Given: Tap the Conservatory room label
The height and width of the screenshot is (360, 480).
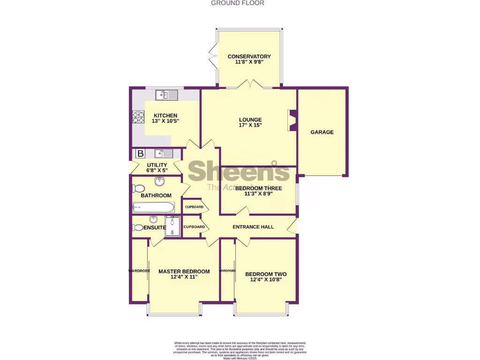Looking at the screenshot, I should tap(249, 57).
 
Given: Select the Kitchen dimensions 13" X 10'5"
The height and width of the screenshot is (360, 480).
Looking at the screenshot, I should tap(165, 121).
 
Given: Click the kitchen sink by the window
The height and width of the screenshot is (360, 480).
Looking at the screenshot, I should tap(167, 95).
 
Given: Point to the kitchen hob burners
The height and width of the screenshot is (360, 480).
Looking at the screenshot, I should tap(138, 116).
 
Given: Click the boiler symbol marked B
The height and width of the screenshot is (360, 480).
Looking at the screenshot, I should tap(140, 153).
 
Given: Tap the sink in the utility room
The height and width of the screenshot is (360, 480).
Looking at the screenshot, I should tap(163, 153).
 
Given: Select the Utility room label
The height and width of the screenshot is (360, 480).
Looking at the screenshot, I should tap(157, 165).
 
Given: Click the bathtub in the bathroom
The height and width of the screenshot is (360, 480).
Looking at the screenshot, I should tap(153, 207).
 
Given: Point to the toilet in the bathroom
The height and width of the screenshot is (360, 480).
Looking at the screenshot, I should tap(138, 188).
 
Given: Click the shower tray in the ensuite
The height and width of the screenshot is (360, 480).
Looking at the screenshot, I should tap(172, 227).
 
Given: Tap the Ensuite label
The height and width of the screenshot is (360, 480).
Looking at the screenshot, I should tap(155, 228).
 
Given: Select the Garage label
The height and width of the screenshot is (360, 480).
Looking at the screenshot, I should tap(322, 132).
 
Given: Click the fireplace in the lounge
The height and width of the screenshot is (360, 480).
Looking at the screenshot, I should tap(292, 120).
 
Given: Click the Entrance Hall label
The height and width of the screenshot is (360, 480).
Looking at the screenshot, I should tap(253, 227).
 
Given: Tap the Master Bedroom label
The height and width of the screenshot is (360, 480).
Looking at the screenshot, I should tap(184, 271).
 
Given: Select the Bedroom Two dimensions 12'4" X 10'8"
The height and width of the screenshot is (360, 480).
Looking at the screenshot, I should tap(266, 280).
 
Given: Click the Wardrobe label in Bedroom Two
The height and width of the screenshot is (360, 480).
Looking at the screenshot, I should tap(227, 270).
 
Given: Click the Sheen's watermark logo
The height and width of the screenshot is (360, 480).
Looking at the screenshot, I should tap(239, 172).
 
